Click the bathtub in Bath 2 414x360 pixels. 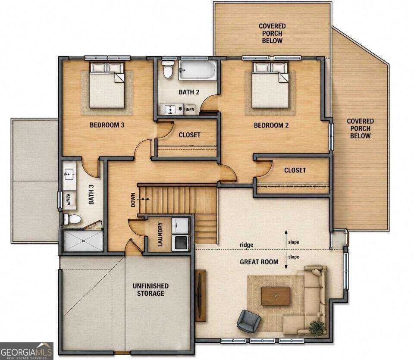click(x=198, y=70)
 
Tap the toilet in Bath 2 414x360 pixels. click(x=168, y=69)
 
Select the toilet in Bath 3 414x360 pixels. click(x=72, y=219)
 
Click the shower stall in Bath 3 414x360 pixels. click(x=83, y=241)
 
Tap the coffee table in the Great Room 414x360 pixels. click(x=276, y=296)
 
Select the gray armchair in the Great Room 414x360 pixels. click(x=248, y=321)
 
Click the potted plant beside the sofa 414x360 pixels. click(x=317, y=328)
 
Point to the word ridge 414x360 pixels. click(x=246, y=245)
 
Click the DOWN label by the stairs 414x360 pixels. click(x=133, y=200)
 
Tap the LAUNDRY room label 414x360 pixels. click(x=160, y=235)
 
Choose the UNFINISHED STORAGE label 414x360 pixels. click(x=151, y=290)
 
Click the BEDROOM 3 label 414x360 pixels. click(x=107, y=125)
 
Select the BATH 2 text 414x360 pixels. click(x=189, y=92)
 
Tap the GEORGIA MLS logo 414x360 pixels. click(x=26, y=351)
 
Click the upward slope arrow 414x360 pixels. click(x=286, y=239)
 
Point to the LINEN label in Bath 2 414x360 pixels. click(x=189, y=109)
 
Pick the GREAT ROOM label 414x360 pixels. click(x=259, y=262)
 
